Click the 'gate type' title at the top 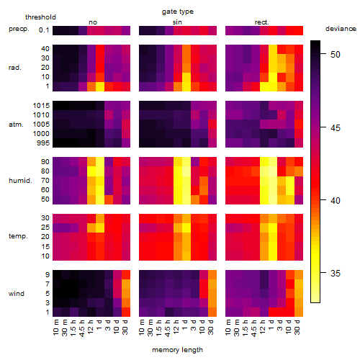(x=178, y=12)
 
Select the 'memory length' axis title (x=177, y=350)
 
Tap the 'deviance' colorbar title (x=341, y=29)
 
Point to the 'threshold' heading (x=40, y=17)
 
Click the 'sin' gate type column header (x=177, y=22)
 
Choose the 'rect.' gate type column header (x=261, y=22)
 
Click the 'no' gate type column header (x=93, y=22)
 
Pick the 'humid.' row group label (x=20, y=181)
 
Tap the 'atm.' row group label (x=16, y=125)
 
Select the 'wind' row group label (x=17, y=293)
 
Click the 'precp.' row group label (x=19, y=29)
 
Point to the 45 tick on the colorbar (x=336, y=127)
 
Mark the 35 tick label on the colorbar (x=336, y=273)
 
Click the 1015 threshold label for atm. (x=41, y=106)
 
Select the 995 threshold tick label (x=43, y=143)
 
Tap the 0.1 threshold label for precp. (x=44, y=30)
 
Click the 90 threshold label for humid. (x=45, y=162)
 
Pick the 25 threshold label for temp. (x=45, y=228)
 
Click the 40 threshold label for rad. (x=45, y=49)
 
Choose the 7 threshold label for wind (x=48, y=284)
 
